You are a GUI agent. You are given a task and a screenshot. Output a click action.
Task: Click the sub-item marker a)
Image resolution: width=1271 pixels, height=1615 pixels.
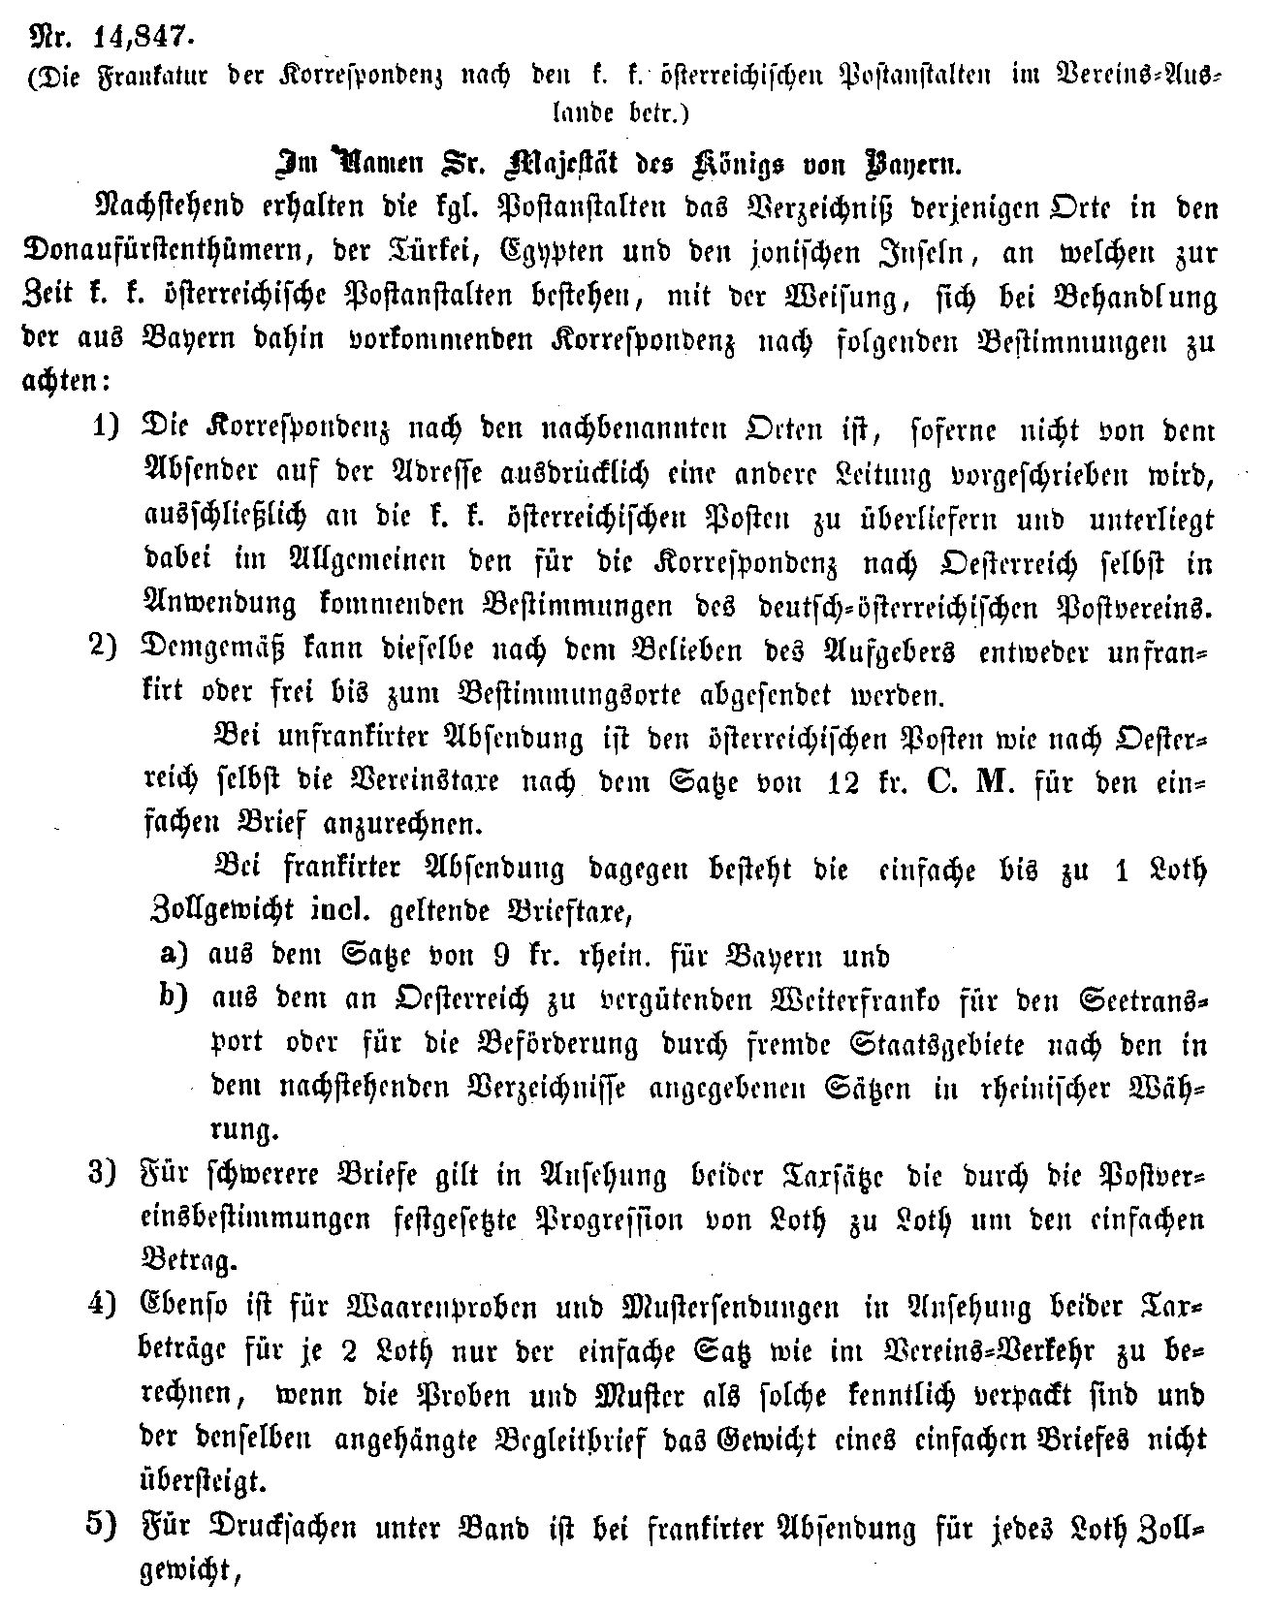coord(173,956)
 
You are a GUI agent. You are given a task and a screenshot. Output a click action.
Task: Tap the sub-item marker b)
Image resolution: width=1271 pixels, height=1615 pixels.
coord(173,999)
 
